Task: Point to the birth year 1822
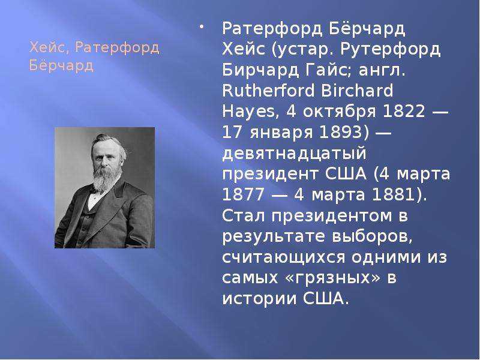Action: [404, 111]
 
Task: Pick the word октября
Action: [339, 112]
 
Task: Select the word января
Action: [281, 133]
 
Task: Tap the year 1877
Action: [243, 194]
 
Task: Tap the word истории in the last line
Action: [260, 299]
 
